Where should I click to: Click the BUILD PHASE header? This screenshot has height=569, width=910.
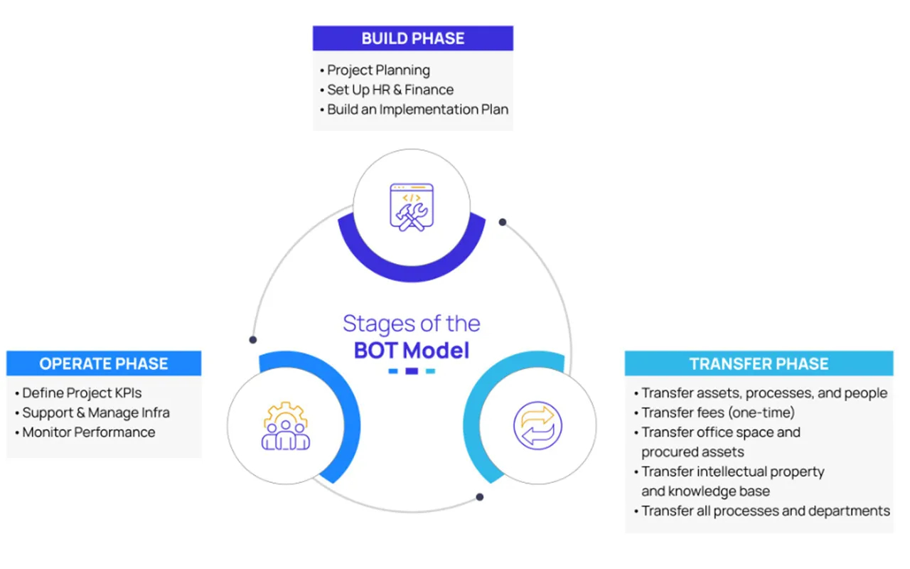pos(412,38)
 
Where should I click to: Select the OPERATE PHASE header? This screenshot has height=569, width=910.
pos(104,363)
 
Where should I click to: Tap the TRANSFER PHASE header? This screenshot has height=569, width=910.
pos(759,364)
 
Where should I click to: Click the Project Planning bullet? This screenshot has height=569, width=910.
pos(378,70)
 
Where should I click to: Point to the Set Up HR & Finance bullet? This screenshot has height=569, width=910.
pos(390,90)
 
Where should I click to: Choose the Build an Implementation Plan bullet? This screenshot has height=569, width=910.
pos(417,110)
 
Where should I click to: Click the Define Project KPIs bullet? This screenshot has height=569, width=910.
pos(82,393)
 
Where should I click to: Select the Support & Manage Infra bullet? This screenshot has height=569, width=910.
pos(96,413)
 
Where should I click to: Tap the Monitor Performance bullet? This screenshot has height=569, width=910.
pos(88,432)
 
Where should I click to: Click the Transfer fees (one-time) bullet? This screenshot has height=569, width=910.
pos(717,413)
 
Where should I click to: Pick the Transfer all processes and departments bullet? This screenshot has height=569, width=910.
pos(765,511)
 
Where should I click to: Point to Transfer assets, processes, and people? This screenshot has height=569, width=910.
pos(764,393)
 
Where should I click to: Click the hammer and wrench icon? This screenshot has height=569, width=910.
pos(411,206)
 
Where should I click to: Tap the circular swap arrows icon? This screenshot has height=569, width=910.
pos(537,426)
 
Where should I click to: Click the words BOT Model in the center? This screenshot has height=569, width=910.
pos(412,351)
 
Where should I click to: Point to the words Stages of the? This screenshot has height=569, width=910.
pos(412,324)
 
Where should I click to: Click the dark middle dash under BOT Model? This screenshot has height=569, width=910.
pos(412,371)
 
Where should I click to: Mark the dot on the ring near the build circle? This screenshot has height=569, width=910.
pos(503,222)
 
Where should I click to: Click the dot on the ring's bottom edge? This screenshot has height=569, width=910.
pos(480,496)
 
